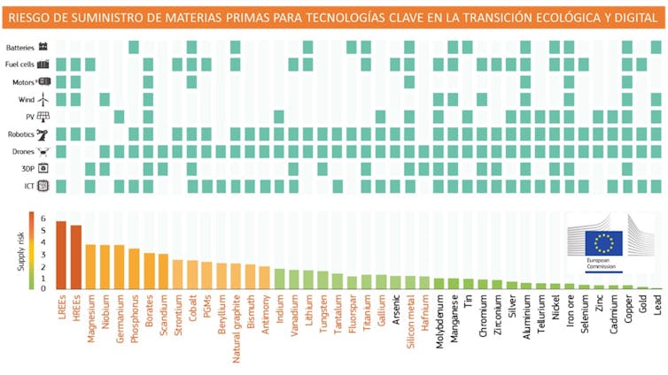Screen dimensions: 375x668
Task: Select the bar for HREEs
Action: tap(75, 257)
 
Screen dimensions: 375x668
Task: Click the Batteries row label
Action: tap(20, 47)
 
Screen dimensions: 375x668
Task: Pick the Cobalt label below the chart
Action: tap(192, 310)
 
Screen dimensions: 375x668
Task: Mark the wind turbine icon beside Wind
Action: tap(42, 99)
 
